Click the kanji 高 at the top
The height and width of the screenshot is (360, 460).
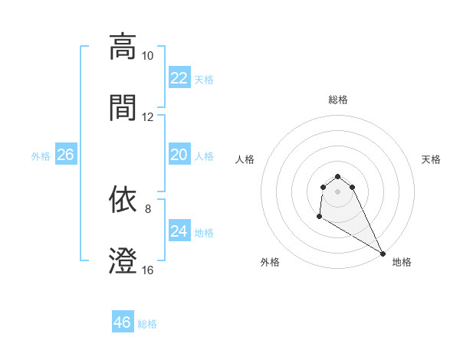click(x=123, y=47)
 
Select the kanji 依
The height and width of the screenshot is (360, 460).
click(x=123, y=201)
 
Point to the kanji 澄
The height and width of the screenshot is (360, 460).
click(x=123, y=261)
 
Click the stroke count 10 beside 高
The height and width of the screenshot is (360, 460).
click(x=147, y=56)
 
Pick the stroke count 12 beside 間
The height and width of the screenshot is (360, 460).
click(x=147, y=117)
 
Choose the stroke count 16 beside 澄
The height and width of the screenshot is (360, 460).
click(x=147, y=270)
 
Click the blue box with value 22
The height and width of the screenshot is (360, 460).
click(x=179, y=78)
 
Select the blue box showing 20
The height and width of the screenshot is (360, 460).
click(x=179, y=155)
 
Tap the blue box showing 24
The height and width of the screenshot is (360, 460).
click(x=179, y=231)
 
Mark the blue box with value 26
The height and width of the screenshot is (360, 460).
click(x=65, y=155)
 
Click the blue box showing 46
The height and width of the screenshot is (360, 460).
click(x=123, y=322)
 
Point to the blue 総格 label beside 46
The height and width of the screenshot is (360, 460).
click(x=147, y=324)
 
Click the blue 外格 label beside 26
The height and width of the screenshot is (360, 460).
click(x=41, y=156)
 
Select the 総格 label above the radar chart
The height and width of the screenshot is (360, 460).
click(x=338, y=100)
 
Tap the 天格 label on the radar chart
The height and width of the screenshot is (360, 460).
click(x=432, y=159)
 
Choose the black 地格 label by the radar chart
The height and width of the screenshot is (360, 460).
click(x=402, y=262)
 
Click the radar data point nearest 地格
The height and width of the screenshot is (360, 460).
click(x=383, y=254)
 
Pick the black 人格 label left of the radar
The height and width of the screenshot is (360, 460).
click(x=246, y=159)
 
